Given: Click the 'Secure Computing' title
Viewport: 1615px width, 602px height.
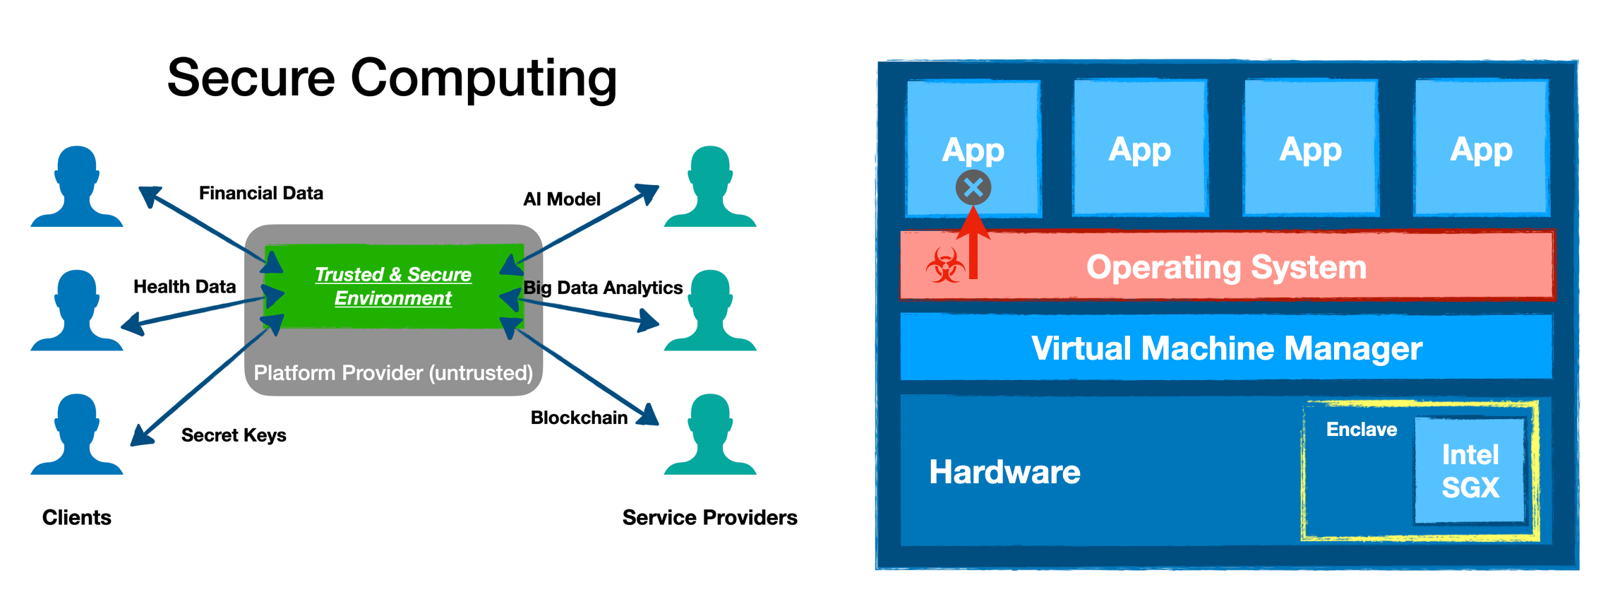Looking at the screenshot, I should [x=392, y=78].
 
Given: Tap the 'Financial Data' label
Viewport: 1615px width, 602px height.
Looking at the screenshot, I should [x=260, y=193].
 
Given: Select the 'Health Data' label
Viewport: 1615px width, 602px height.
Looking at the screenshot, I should [x=184, y=286].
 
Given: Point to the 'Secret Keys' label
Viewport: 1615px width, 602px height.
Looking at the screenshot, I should [x=233, y=435].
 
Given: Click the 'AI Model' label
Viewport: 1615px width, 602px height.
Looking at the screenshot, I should [x=561, y=199].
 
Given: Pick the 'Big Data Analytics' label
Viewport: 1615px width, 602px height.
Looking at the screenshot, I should [x=603, y=288].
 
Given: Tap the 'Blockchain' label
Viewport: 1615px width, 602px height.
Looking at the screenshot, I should [x=579, y=418].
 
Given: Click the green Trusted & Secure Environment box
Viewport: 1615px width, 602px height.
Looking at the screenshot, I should [x=393, y=286].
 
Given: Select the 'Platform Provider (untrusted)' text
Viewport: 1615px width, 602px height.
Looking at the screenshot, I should [x=393, y=372].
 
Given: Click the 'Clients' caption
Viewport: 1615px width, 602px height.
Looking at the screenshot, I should [x=76, y=517].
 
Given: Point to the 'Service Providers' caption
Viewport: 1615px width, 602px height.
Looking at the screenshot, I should [x=709, y=517].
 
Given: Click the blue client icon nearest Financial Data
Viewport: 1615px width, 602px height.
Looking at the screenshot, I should [x=76, y=187].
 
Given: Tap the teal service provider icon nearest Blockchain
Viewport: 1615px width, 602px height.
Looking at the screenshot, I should [x=710, y=435].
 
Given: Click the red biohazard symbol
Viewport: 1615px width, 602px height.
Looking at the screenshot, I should [x=945, y=266].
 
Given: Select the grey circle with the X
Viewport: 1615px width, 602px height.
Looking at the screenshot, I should [x=973, y=188].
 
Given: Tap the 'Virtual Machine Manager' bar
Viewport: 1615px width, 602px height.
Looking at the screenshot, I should [x=1226, y=348].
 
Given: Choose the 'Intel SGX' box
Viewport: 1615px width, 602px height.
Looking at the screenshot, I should [x=1470, y=471].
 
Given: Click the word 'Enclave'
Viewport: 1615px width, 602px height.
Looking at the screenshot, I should [x=1361, y=429].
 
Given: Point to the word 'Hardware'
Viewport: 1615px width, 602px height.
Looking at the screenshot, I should [x=1004, y=471].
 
